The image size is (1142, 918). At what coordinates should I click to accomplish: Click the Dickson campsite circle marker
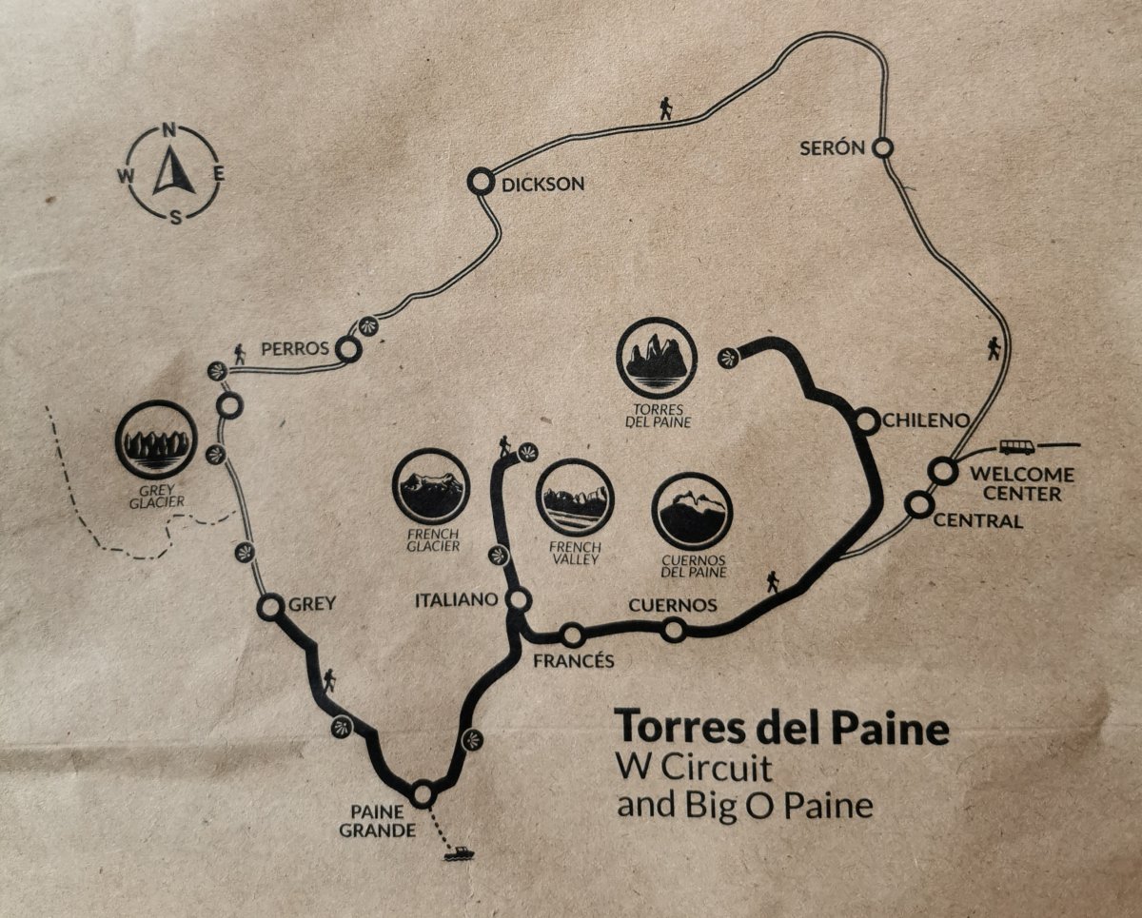pos(481,181)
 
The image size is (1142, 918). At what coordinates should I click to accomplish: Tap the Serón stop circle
pos(883,147)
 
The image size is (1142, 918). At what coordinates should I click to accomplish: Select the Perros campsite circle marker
pos(349,350)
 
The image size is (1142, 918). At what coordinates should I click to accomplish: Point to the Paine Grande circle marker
pos(423,791)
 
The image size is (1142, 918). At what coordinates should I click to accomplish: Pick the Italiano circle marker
pos(520,599)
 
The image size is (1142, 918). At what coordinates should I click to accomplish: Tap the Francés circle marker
pos(573,635)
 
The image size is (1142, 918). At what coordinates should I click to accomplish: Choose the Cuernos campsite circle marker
pos(673,629)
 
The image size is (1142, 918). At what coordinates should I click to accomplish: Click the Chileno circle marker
pos(867,420)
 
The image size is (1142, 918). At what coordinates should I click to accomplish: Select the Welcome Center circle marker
pos(941,470)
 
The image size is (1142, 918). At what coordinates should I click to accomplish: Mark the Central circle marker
pos(918,505)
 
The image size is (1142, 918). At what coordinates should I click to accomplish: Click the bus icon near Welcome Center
pos(1016,446)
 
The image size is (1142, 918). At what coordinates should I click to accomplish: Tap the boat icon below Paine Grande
pos(458,853)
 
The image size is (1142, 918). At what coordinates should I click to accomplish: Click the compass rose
pos(173,173)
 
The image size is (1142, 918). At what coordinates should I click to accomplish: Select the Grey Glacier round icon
pos(156,440)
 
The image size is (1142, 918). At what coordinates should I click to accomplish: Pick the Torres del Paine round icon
pos(656,358)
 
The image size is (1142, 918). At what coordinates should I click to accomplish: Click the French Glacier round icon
pos(430,486)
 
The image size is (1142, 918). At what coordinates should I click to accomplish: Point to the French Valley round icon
pos(575,498)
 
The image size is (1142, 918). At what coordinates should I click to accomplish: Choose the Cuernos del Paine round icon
pos(693,512)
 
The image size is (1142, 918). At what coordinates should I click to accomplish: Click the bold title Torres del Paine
pos(781,729)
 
